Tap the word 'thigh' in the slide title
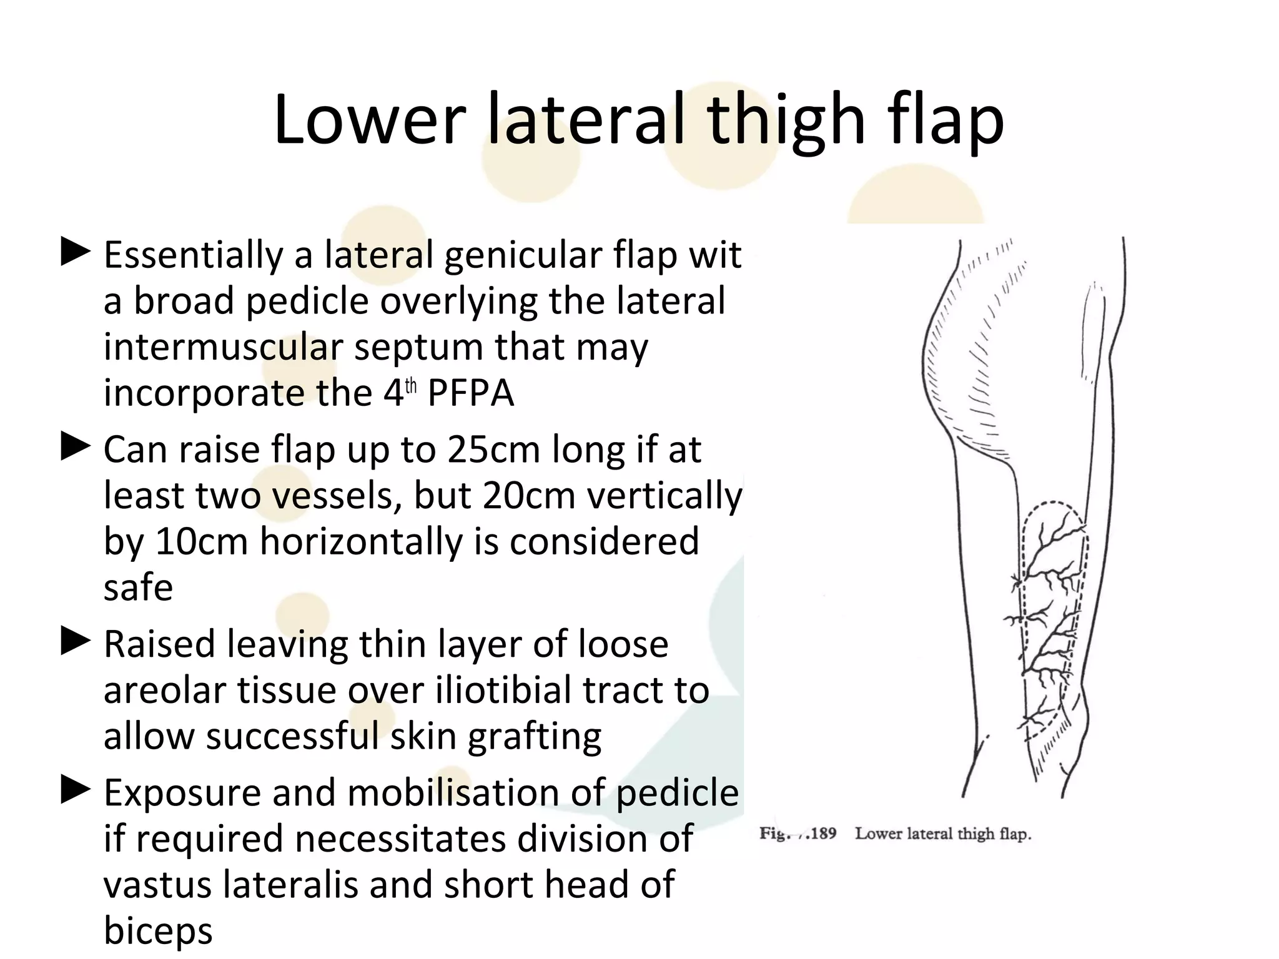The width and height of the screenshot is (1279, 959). [x=787, y=119]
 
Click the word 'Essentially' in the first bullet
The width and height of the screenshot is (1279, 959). [x=194, y=255]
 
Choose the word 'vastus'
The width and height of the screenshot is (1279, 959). [x=157, y=884]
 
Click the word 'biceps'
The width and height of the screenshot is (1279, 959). [x=158, y=930]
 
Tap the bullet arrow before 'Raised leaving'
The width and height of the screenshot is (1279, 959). [x=76, y=642]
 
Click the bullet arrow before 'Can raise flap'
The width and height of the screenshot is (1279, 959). [x=76, y=448]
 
